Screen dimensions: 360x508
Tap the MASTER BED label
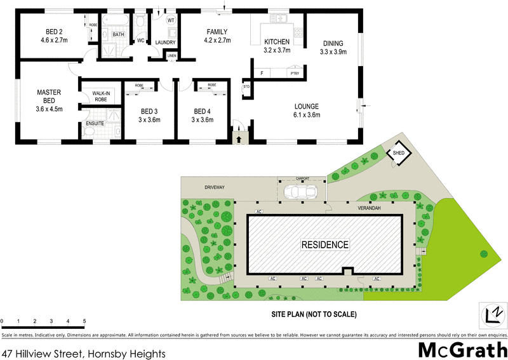coord(49,93)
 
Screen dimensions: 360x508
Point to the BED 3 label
coord(150,110)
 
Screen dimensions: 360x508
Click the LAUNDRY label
coord(166,43)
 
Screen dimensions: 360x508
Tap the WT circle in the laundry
coord(171,20)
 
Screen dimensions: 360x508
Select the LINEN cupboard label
coord(171,56)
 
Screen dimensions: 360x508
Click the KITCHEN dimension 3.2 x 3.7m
coord(277,50)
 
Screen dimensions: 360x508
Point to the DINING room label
coord(333,43)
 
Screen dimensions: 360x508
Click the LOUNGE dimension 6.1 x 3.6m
coord(306,115)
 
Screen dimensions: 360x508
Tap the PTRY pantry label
coord(294,74)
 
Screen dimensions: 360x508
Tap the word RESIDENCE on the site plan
coord(324,244)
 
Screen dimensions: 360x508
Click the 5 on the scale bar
coord(84,321)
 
